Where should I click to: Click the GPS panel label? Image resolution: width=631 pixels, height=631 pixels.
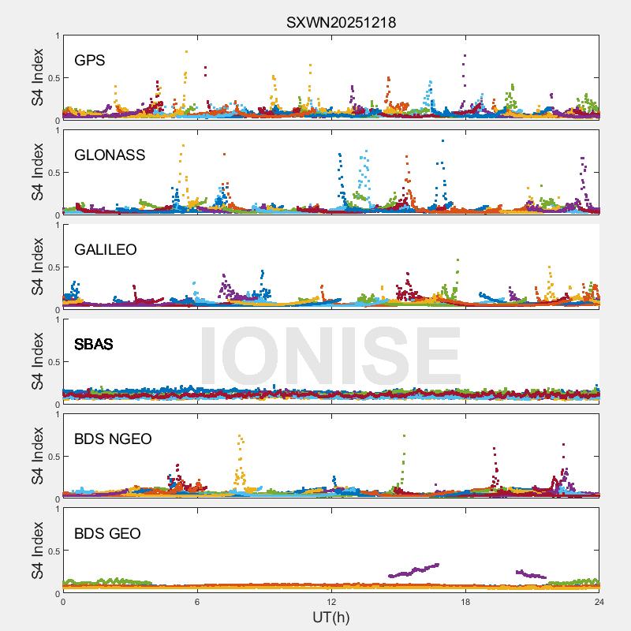point(90,61)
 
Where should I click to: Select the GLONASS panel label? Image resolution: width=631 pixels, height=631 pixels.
point(110,155)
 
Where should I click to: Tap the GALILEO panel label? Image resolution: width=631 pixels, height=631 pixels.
point(106,250)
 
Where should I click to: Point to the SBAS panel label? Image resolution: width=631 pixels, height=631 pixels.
point(94,345)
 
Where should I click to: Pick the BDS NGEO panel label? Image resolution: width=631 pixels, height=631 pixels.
point(113,439)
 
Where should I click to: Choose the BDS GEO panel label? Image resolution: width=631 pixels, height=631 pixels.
point(107,534)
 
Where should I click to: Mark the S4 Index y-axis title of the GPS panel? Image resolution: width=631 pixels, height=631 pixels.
point(38,78)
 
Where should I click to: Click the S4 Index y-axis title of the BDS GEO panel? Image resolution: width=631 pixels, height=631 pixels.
point(38,551)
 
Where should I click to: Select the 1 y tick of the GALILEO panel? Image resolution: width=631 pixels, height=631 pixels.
point(57,226)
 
